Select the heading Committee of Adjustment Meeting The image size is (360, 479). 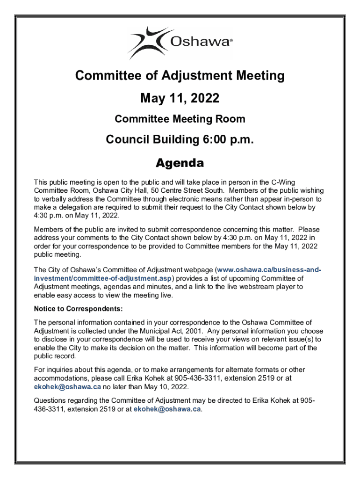point(180,75)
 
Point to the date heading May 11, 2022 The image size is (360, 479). point(180,98)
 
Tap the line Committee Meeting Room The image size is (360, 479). point(180,119)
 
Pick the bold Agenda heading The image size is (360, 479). point(180,163)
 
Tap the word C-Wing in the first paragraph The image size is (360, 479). point(284,182)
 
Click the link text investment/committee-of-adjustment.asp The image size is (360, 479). point(103,278)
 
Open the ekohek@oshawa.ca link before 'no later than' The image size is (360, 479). point(67,387)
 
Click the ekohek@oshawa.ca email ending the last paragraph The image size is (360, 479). point(167,409)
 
